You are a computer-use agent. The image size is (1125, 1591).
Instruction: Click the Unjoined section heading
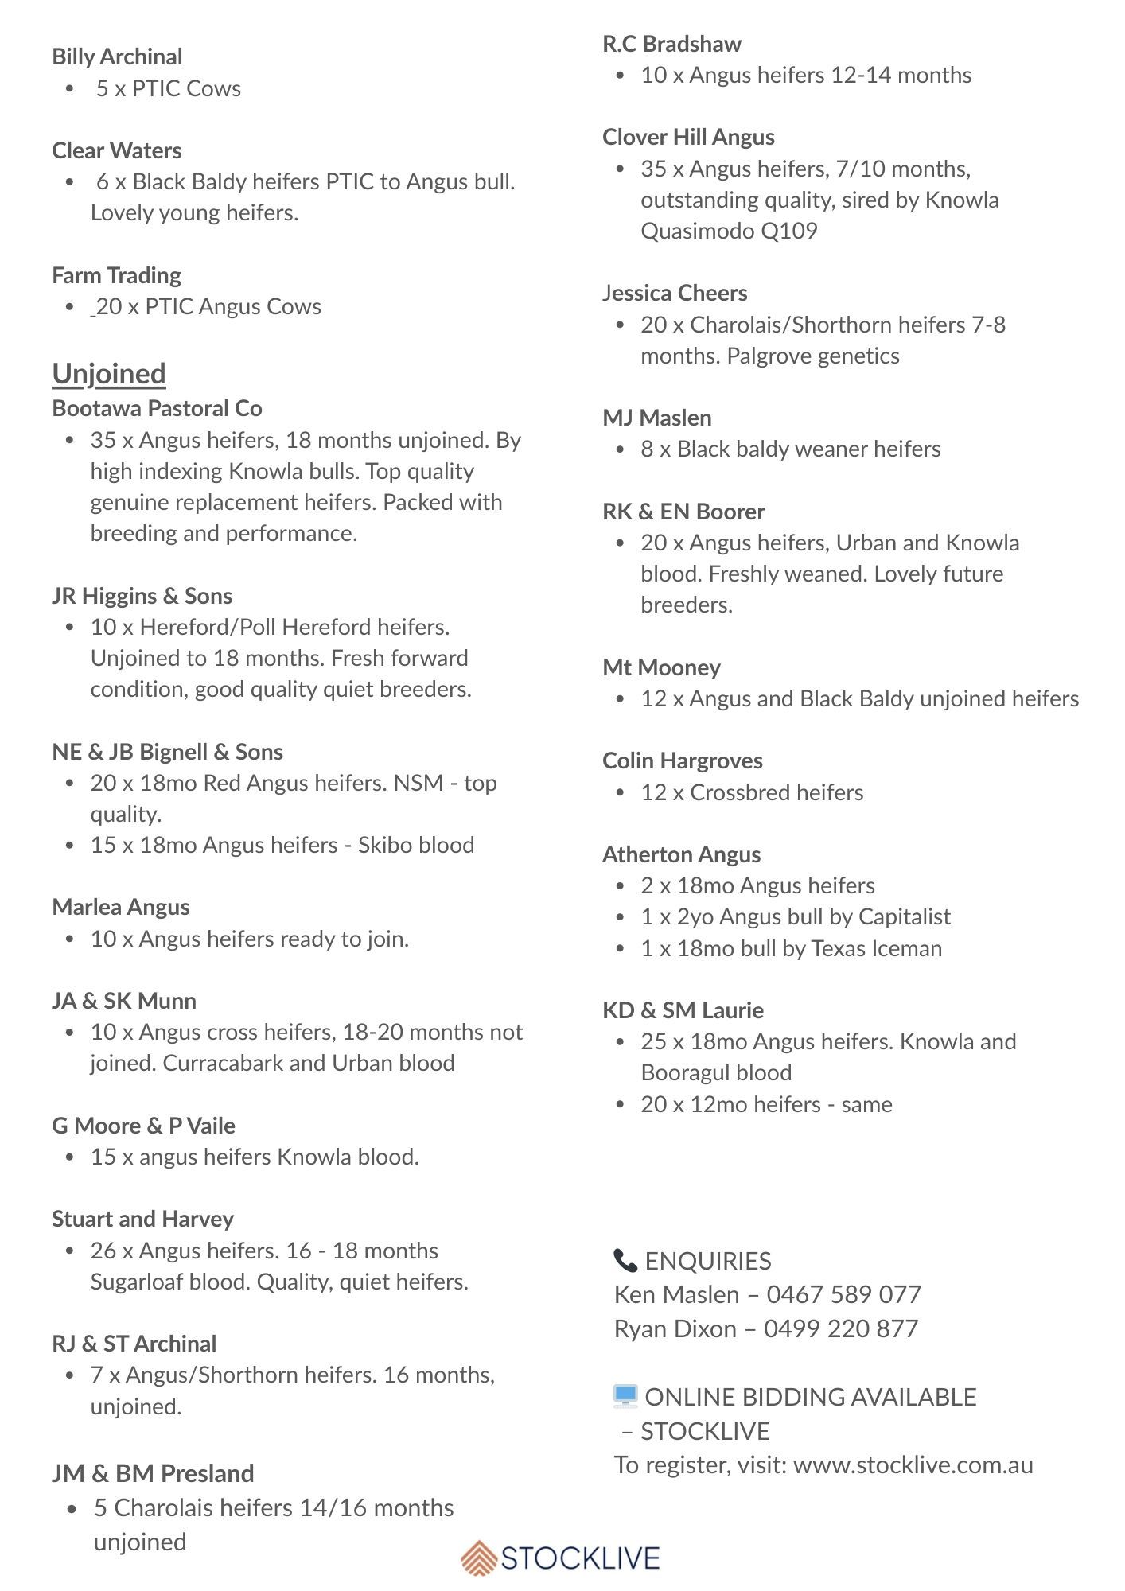pos(109,374)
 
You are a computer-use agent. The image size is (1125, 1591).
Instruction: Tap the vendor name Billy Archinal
pos(117,56)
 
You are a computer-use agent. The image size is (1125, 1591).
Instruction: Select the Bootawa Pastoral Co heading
pos(157,408)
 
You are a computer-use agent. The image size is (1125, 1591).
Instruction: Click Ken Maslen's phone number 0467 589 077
pos(843,1294)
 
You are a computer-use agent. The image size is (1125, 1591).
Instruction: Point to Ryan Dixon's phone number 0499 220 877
pos(841,1328)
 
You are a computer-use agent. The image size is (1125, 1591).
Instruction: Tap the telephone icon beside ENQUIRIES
pos(625,1260)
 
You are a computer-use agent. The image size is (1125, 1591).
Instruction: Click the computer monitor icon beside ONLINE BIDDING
pos(625,1395)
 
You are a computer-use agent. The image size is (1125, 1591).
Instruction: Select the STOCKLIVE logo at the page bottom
pos(561,1557)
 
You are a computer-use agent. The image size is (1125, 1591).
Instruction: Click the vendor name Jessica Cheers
pos(675,293)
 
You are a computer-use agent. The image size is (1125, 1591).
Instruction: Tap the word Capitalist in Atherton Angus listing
pos(905,916)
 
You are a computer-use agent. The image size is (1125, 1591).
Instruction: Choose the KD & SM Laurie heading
pos(683,1010)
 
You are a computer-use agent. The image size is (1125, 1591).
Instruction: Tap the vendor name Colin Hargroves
pos(683,760)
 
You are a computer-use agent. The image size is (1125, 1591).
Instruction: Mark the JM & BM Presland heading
pos(153,1473)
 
